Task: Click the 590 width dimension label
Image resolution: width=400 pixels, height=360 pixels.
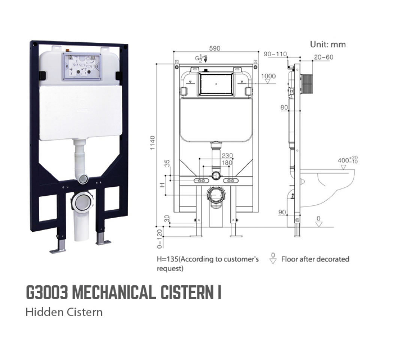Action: (x=215, y=48)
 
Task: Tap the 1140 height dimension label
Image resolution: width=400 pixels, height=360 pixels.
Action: (x=152, y=143)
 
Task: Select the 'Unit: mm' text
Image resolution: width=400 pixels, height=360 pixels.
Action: (x=328, y=44)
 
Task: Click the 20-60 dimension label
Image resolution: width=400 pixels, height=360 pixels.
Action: (x=323, y=57)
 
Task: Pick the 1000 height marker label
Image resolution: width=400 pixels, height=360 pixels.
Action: (x=268, y=76)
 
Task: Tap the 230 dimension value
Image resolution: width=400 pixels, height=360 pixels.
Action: (x=227, y=156)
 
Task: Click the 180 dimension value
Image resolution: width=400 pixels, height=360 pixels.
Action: (x=227, y=163)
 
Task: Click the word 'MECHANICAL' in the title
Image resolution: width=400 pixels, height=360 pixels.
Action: (x=113, y=292)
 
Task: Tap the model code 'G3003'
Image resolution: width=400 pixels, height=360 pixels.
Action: (x=46, y=292)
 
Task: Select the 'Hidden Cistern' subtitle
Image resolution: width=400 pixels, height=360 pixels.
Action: (x=64, y=312)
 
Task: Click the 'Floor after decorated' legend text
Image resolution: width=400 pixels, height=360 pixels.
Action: (x=315, y=259)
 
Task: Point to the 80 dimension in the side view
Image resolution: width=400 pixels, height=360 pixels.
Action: (x=284, y=108)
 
